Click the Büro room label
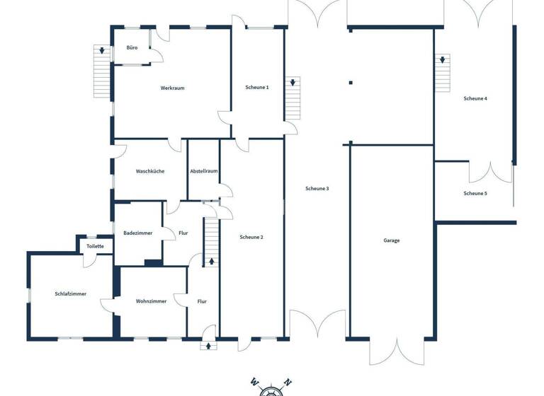coord(132,47)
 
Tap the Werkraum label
coord(172,88)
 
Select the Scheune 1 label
coord(257,87)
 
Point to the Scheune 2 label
coord(251,237)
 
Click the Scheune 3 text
coord(317,188)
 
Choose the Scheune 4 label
coord(475,98)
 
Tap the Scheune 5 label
coord(475,193)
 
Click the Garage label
coord(392,240)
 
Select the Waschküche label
coord(150,171)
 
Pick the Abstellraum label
coord(203,171)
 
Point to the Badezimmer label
coord(137,233)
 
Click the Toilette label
coord(95,246)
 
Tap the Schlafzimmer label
coord(70,293)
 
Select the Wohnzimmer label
coord(151,301)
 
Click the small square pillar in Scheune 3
coord(351,83)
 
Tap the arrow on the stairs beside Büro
coord(103,51)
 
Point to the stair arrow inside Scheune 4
coord(443,60)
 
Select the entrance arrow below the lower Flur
coord(208,346)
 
